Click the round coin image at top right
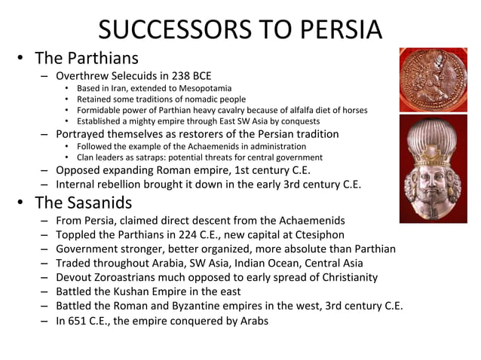pyautogui.click(x=433, y=81)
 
